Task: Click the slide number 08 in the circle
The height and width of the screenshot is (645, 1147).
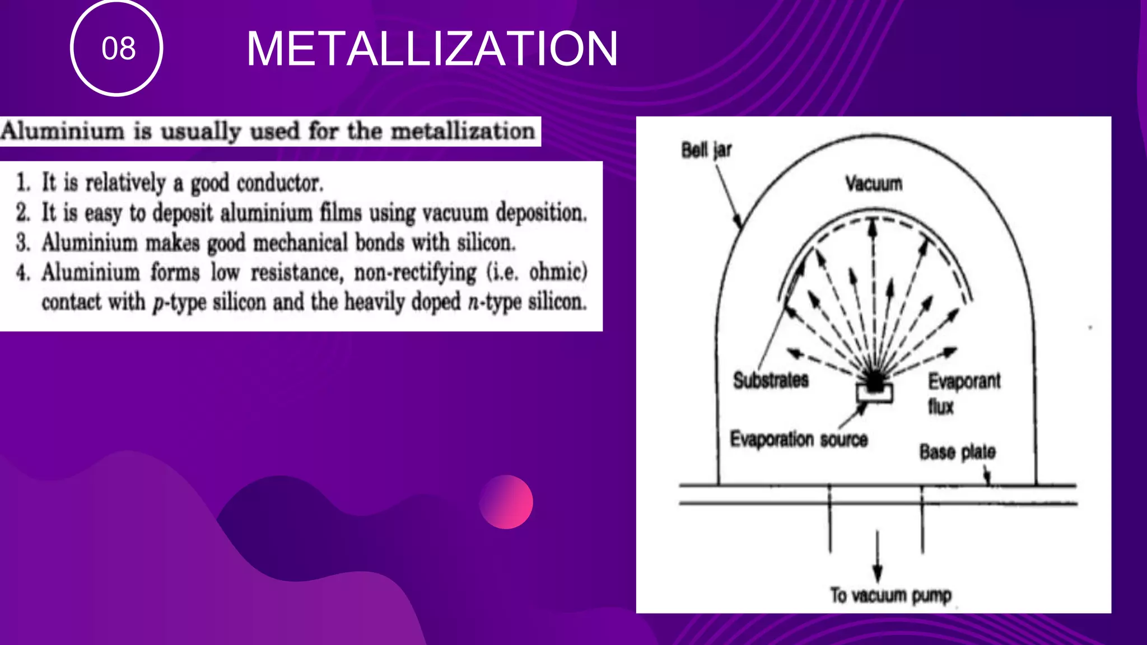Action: [x=118, y=49]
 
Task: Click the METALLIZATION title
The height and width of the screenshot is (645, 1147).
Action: [x=432, y=49]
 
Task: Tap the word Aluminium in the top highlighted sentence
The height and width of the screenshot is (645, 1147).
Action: [x=62, y=132]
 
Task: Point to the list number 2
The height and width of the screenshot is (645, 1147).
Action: [x=23, y=213]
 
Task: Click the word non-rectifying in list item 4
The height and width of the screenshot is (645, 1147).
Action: [x=415, y=273]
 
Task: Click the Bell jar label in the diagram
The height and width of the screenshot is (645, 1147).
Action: [x=706, y=150]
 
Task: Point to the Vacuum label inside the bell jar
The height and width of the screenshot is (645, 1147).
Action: [x=874, y=183]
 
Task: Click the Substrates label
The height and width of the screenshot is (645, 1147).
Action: [x=771, y=380]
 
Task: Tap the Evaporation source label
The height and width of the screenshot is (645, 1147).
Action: [x=799, y=439]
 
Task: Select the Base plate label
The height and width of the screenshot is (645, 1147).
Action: [x=957, y=452]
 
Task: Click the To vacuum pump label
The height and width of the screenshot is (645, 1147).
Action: [x=890, y=595]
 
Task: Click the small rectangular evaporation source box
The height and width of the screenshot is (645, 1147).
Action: [x=874, y=392]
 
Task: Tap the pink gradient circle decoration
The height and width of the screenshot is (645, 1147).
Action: [x=506, y=502]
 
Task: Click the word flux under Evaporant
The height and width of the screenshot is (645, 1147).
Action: [x=940, y=406]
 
